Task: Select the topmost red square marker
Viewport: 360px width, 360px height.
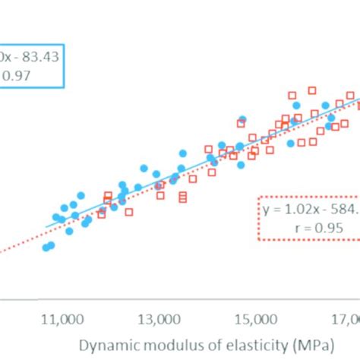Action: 311,90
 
